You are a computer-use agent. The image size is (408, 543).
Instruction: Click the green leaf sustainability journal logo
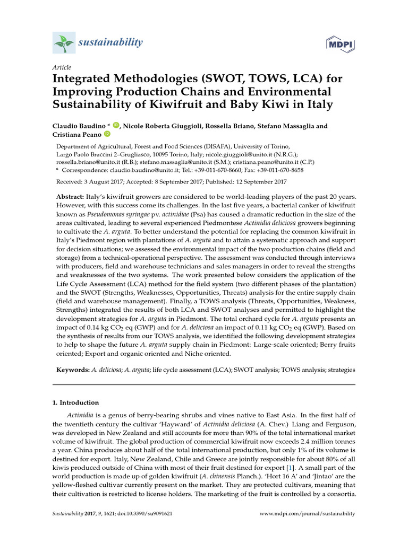pos(63,41)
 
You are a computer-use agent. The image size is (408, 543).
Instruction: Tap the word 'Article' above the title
pos(61,67)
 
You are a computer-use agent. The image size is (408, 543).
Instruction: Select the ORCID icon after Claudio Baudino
pos(116,126)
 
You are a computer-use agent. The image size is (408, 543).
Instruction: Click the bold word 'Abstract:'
pos(70,196)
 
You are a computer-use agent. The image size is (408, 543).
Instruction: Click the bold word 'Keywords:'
pos(73,369)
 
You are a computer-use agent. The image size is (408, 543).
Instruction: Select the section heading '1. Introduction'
pos(75,403)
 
